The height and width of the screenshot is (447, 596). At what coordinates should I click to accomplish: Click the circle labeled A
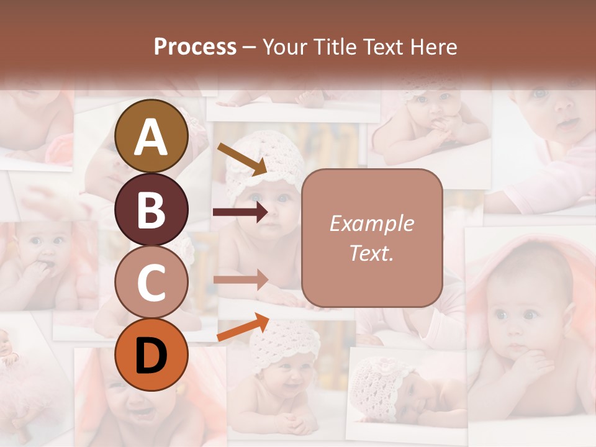(x=151, y=137)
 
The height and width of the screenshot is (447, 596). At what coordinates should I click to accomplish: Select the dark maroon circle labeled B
(x=151, y=210)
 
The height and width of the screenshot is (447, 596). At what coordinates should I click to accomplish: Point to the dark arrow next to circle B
(x=240, y=212)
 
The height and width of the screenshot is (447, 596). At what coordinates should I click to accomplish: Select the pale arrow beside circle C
(x=240, y=279)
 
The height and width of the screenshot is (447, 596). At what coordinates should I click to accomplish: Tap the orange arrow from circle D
(x=243, y=327)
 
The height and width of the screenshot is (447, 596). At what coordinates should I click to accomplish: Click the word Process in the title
(x=195, y=47)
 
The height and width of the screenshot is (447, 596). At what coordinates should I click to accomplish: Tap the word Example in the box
(x=371, y=224)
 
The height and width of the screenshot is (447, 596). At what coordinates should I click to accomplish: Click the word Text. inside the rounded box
(x=371, y=253)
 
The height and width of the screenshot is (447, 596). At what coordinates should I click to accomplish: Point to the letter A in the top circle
(x=151, y=137)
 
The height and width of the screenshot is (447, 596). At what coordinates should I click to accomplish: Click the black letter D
(x=151, y=355)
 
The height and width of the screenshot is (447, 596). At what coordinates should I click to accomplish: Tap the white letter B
(x=151, y=210)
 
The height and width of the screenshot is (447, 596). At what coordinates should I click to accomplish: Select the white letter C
(x=151, y=282)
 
